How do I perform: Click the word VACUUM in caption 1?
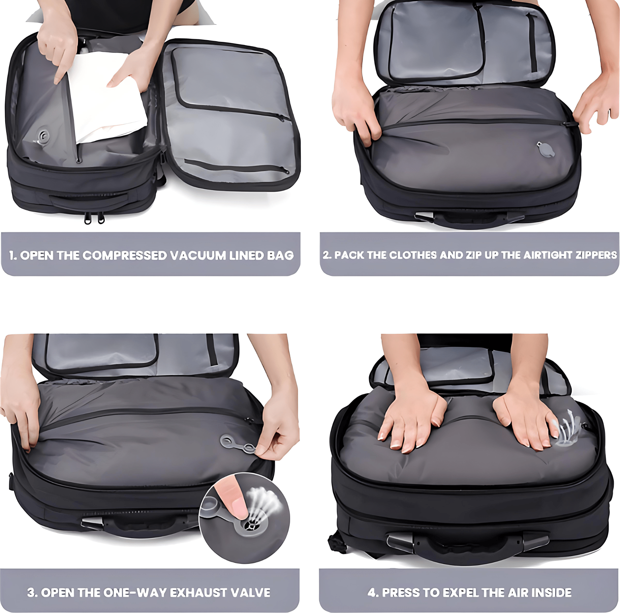[198, 255]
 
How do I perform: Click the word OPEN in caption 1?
[37, 255]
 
